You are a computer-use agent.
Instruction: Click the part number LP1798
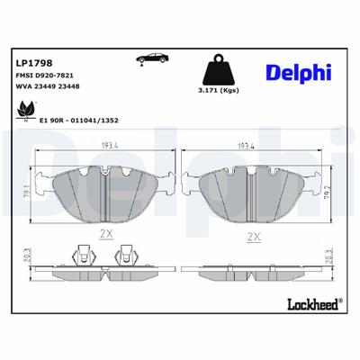coord(31,63)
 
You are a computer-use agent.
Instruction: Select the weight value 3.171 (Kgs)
coord(216,92)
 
